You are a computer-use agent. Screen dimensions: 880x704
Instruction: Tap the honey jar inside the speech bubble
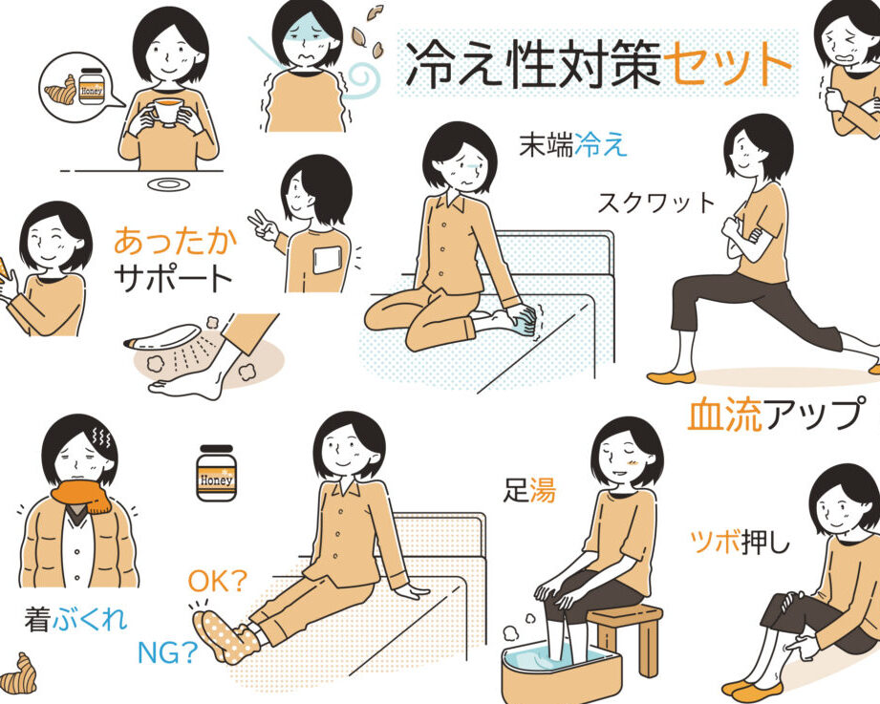tap(92, 86)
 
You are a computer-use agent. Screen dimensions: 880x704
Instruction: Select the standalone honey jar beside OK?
tap(217, 473)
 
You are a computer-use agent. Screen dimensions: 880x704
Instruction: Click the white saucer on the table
tap(168, 184)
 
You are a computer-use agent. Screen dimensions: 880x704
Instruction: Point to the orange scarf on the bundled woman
tap(83, 495)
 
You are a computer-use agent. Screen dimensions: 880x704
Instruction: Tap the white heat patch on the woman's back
tap(327, 260)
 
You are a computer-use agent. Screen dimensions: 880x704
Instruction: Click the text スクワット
tap(656, 203)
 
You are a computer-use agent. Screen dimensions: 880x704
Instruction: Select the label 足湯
tap(529, 490)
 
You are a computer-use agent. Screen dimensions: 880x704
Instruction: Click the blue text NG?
tap(168, 652)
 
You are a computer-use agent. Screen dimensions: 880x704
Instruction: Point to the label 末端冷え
tap(572, 145)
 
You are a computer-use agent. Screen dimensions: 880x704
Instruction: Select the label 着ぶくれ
tap(75, 619)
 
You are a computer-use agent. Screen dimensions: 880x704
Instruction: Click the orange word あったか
tap(176, 241)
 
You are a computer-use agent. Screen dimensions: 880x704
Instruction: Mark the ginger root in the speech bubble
tap(60, 91)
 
